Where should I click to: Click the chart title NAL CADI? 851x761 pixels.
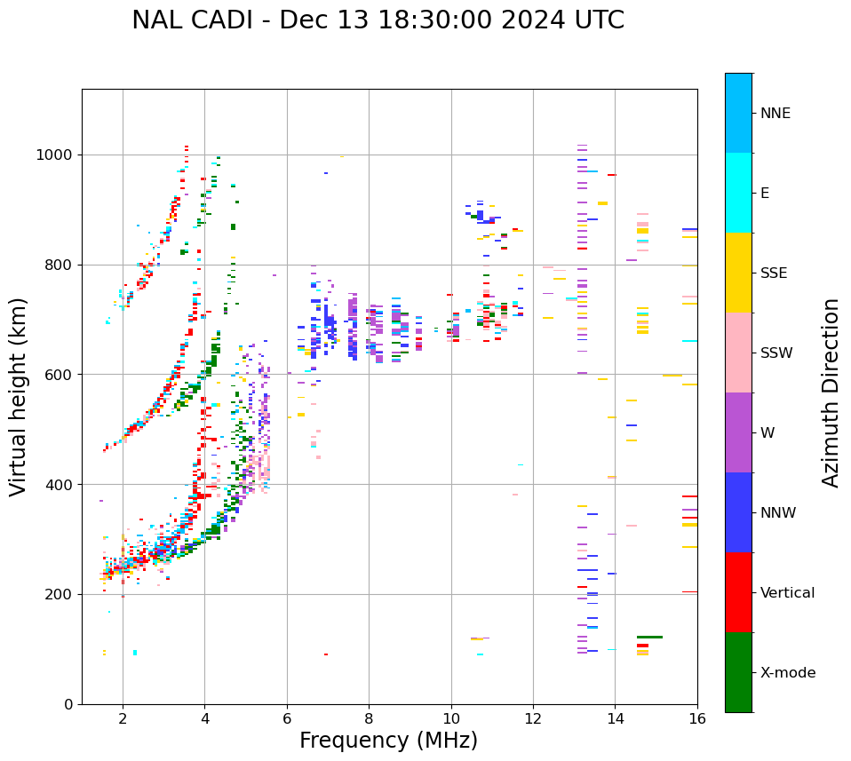pos(378,20)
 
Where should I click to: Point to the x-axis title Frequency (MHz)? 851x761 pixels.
pos(388,741)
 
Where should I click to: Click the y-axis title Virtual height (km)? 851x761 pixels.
pos(19,396)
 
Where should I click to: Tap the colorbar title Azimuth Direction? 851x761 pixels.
pos(831,392)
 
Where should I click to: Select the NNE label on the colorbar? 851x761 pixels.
pos(775,114)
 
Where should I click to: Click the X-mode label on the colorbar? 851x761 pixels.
pos(787,673)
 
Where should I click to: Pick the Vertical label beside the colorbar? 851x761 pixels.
pos(787,593)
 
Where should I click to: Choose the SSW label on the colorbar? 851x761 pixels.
pos(776,353)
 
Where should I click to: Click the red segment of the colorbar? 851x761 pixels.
pos(738,592)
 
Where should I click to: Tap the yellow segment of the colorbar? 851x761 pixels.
pos(738,273)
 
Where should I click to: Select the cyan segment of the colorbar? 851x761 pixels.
pos(738,193)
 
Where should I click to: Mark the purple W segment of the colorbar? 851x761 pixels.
pos(738,432)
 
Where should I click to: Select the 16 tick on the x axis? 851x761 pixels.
pos(696,718)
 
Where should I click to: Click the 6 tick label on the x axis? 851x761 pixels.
pos(287,718)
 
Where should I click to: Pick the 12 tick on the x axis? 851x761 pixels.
pos(533,718)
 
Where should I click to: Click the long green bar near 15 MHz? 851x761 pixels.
pos(649,637)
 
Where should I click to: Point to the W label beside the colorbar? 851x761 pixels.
pos(767,433)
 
